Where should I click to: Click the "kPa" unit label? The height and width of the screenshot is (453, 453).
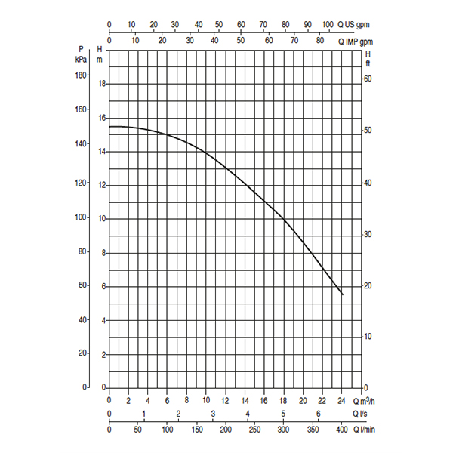82,58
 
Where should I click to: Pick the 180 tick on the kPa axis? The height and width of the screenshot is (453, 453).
82,75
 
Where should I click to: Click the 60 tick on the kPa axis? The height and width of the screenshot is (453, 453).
84,285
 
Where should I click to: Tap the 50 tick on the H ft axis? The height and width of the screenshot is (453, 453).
368,131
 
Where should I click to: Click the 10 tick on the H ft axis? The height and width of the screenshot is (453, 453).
368,336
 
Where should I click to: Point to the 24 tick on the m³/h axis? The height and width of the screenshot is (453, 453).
341,400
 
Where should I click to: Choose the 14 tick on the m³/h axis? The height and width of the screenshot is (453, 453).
245,400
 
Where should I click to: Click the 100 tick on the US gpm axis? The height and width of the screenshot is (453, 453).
328,25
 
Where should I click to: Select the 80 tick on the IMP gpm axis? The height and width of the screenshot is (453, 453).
320,40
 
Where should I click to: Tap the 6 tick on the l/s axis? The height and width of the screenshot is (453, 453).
318,415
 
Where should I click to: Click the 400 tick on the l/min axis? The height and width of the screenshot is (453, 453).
341,430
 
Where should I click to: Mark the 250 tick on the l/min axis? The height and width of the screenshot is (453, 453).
254,430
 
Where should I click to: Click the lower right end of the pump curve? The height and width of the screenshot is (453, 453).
342,294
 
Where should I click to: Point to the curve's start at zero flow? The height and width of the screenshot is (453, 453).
110,126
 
